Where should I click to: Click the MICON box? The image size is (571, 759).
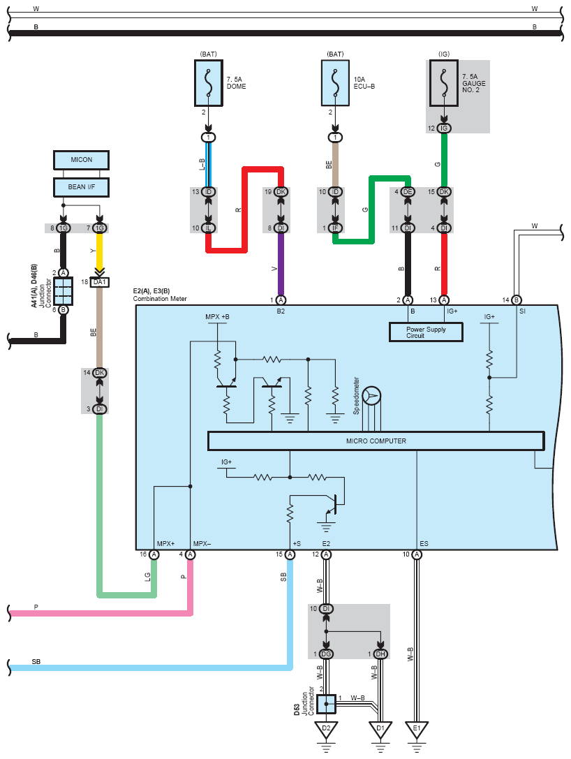pyautogui.click(x=81, y=160)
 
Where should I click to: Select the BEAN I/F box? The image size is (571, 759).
pyautogui.click(x=81, y=187)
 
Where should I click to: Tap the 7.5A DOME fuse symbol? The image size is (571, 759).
pyautogui.click(x=209, y=83)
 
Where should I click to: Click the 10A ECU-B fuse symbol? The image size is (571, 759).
pyautogui.click(x=335, y=83)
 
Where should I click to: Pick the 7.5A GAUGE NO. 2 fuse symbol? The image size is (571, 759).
pyautogui.click(x=444, y=83)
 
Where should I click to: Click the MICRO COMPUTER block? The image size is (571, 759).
pyautogui.click(x=376, y=441)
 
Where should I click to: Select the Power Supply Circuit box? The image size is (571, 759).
pyautogui.click(x=426, y=332)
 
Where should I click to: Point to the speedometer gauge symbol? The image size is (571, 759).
pyautogui.click(x=371, y=396)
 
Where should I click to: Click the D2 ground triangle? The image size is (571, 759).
pyautogui.click(x=326, y=730)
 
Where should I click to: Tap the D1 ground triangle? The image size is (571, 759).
pyautogui.click(x=380, y=730)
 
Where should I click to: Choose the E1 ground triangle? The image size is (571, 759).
pyautogui.click(x=417, y=730)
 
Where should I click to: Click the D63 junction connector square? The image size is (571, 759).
pyautogui.click(x=326, y=704)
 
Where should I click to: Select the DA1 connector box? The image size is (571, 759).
pyautogui.click(x=100, y=281)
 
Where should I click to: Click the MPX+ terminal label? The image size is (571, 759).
pyautogui.click(x=165, y=544)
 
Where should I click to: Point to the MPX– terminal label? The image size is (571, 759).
pyautogui.click(x=202, y=544)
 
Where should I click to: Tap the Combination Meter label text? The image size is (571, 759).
pyautogui.click(x=160, y=299)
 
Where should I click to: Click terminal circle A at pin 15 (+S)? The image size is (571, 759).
pyautogui.click(x=290, y=554)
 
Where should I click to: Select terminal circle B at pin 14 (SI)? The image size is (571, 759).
pyautogui.click(x=517, y=300)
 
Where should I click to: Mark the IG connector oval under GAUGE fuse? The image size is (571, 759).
pyautogui.click(x=444, y=128)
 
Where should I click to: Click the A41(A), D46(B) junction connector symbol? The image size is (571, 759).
pyautogui.click(x=64, y=291)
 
